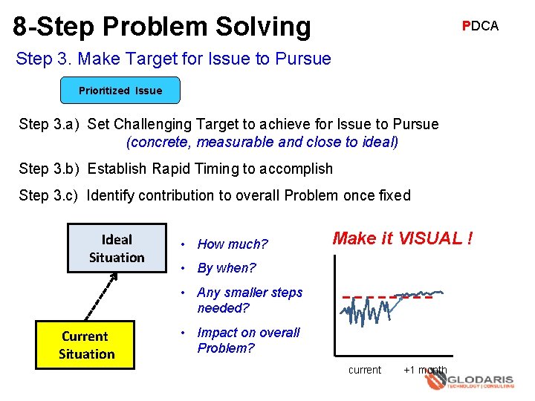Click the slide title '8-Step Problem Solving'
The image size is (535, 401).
[x=162, y=26]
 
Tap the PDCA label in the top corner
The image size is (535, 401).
[x=480, y=26]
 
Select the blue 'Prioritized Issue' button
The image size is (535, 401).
[x=120, y=91]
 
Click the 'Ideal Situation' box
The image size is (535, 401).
[x=117, y=248]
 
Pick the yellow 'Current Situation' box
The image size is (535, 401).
[x=85, y=345]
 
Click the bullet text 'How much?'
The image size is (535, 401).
[x=232, y=244]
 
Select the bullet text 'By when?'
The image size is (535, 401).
[x=226, y=268]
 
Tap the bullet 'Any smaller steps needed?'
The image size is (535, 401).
[x=249, y=300]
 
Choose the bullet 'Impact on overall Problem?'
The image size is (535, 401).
[x=248, y=340]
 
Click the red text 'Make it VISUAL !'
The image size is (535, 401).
[x=402, y=238]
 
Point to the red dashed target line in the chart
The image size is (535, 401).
[x=386, y=297]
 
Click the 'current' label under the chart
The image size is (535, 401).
[x=364, y=370]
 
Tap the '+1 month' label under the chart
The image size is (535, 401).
[x=425, y=370]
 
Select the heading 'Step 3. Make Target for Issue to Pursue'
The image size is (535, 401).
[x=173, y=58]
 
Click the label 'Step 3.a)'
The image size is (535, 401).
[x=49, y=124]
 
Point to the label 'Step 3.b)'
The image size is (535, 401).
[x=49, y=169]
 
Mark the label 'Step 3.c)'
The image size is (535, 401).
[x=49, y=195]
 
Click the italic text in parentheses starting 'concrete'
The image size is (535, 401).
[x=262, y=141]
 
